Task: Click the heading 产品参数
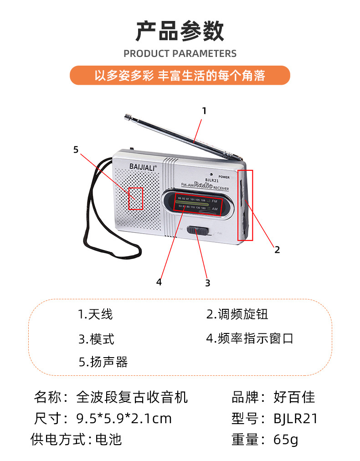(180, 31)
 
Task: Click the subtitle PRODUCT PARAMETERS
(180, 54)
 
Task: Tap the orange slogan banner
(180, 75)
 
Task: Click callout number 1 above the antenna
(204, 111)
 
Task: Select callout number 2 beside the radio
(277, 249)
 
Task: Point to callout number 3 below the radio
(207, 283)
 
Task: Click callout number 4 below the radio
(159, 282)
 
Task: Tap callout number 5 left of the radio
(76, 149)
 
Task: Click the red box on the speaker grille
(135, 199)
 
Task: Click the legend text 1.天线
(95, 314)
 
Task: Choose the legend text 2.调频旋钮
(237, 314)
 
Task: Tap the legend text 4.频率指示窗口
(250, 338)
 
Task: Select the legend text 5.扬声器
(103, 362)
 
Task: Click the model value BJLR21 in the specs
(295, 419)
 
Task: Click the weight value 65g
(286, 440)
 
